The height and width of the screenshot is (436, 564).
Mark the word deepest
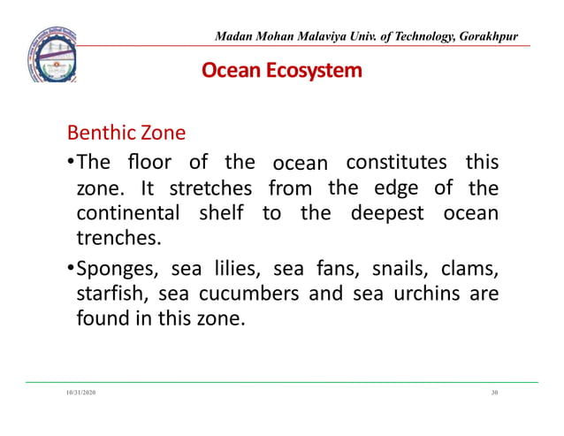386,214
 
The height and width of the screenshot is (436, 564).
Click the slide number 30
494,392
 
